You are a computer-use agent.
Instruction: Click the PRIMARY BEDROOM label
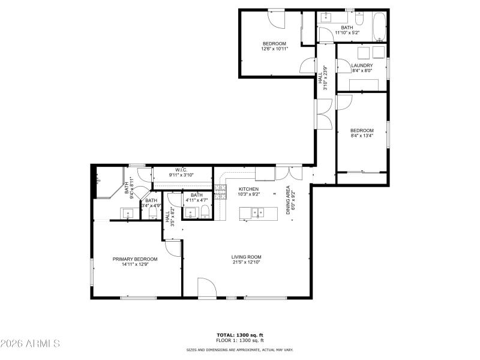pos(135,259)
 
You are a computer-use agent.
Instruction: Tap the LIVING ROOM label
pos(247,257)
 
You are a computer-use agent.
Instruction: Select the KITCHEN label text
pos(248,189)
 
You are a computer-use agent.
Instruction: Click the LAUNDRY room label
pos(362,65)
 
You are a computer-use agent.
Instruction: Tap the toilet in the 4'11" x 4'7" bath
pos(205,211)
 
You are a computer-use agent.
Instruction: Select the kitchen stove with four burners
pos(220,192)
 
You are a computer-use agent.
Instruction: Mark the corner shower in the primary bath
pos(103,182)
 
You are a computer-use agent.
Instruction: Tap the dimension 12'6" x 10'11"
pos(274,49)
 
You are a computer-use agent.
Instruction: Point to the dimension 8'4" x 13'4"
pos(362,136)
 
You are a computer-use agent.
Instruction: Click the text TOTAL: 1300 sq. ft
pos(240,335)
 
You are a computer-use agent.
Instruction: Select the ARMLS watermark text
pos(30,344)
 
